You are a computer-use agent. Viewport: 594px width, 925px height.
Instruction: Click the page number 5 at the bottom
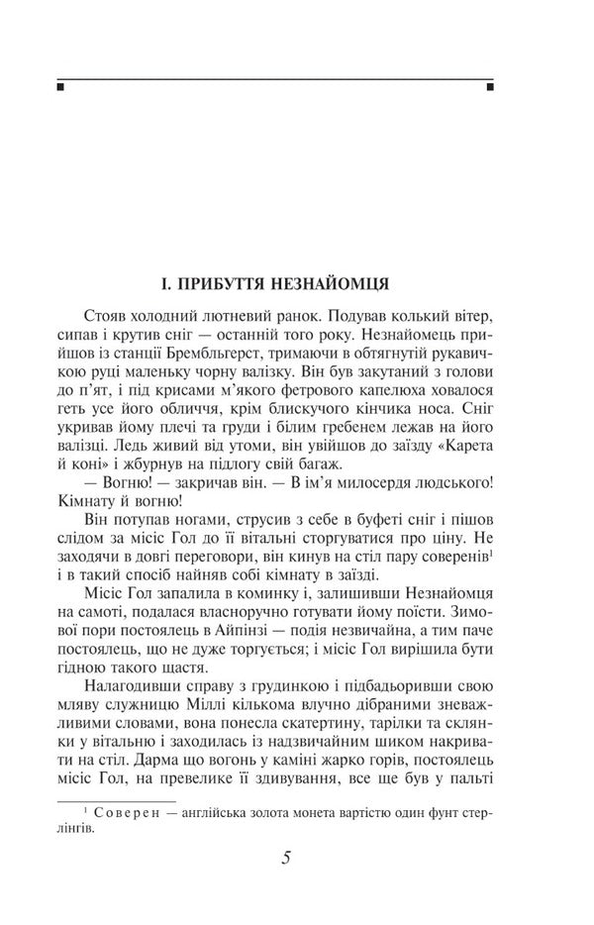pos(285,858)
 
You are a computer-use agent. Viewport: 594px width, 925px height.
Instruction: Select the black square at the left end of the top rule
pos(60,87)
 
